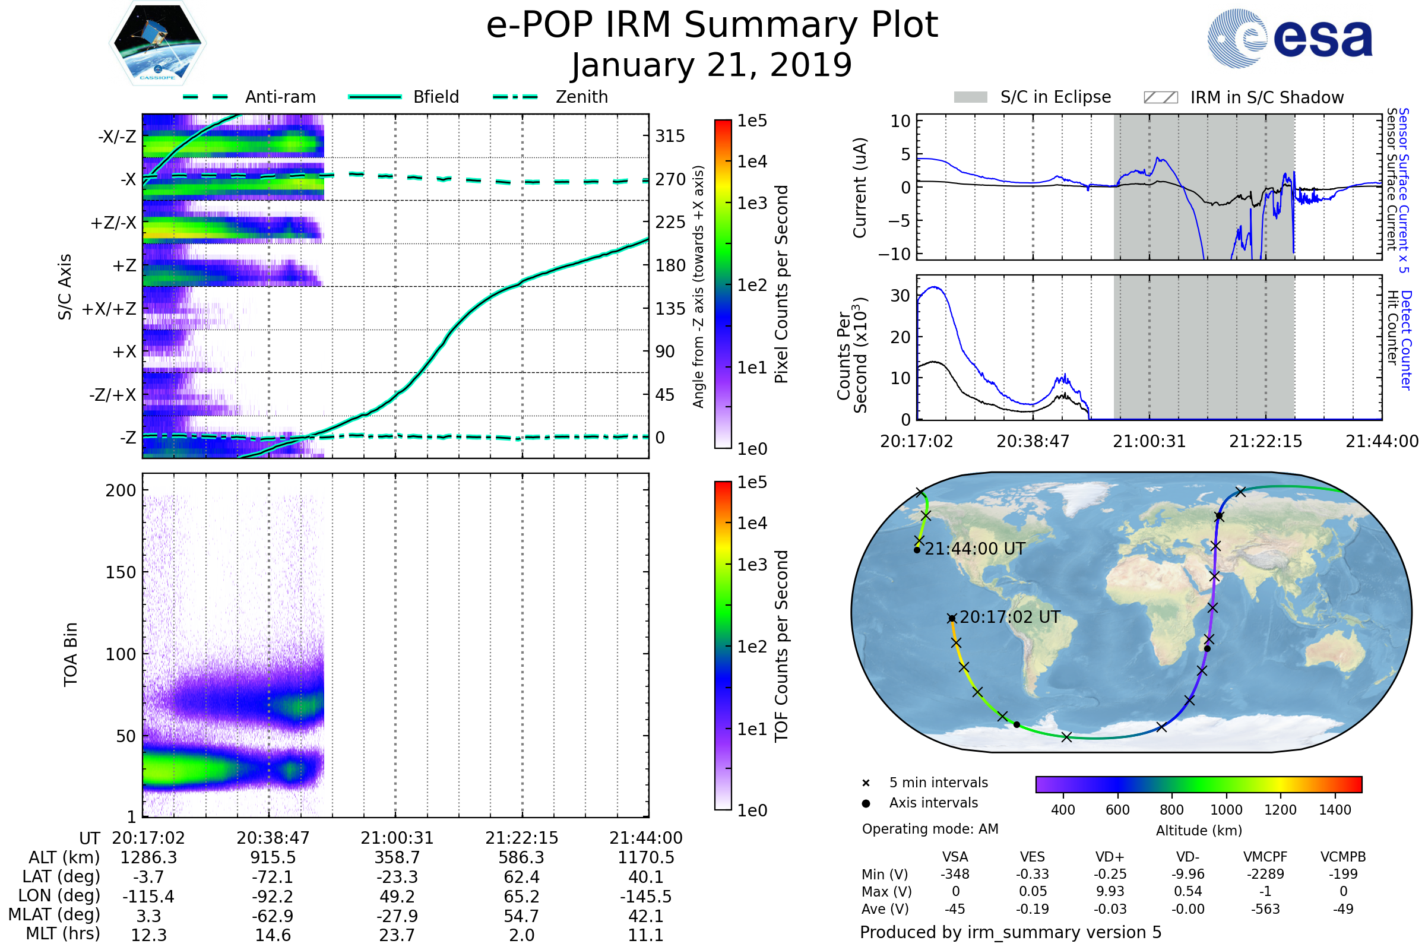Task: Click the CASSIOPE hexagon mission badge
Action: (x=157, y=43)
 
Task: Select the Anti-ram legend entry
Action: (x=280, y=97)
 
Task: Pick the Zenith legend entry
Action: (x=581, y=97)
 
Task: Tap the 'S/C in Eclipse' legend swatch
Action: (x=970, y=97)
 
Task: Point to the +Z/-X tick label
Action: (x=113, y=223)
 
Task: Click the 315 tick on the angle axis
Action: (x=670, y=137)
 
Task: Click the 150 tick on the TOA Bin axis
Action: (x=121, y=572)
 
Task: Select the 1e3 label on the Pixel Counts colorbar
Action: (x=752, y=204)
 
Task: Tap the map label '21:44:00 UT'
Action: (x=974, y=549)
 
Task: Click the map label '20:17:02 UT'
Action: (x=1009, y=617)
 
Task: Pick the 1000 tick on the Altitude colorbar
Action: (x=1225, y=810)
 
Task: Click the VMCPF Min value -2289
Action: (x=1265, y=874)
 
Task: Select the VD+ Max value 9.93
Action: (x=1110, y=891)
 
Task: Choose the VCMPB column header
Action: (x=1342, y=857)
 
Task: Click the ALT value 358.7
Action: (x=397, y=857)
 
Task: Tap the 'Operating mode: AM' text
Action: (x=930, y=829)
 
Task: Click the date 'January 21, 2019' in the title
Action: (x=711, y=65)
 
